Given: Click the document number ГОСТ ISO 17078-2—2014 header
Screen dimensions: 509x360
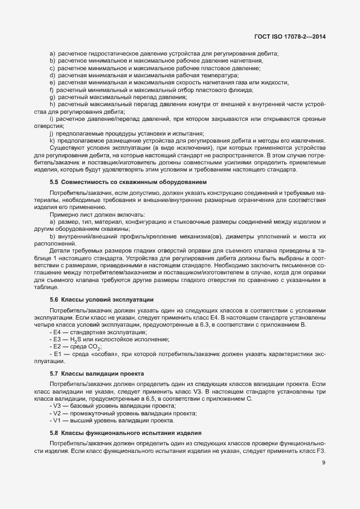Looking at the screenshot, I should point(294,37).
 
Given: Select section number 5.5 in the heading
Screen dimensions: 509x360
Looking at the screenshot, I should point(54,181).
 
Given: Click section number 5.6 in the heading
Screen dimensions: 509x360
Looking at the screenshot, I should point(54,300).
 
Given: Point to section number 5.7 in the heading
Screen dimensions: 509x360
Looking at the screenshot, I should point(54,373).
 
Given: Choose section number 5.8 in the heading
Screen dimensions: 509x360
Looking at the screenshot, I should point(54,433).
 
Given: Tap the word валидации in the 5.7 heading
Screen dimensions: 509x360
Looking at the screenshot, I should point(103,373).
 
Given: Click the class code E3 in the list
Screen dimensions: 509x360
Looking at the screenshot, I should point(56,339).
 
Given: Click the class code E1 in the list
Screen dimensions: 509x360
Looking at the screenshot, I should point(56,354).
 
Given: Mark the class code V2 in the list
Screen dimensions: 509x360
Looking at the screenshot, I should point(56,413).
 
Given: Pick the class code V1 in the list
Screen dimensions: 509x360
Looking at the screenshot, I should point(56,420).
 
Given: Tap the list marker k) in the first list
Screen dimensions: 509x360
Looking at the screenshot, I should point(52,140).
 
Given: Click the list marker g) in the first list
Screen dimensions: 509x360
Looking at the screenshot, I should point(52,96).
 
